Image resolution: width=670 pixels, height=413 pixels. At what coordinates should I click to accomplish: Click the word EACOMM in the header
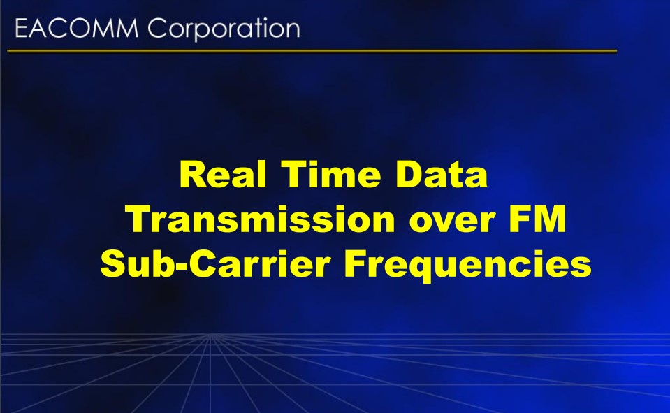coord(77,29)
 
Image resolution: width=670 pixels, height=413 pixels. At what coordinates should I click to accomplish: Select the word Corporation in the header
coord(224,29)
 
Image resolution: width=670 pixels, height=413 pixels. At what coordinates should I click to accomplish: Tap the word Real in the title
coord(223,175)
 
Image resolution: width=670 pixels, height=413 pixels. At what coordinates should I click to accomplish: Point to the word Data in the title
coord(442,175)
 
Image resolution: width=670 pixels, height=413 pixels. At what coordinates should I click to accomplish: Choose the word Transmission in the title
coord(261,219)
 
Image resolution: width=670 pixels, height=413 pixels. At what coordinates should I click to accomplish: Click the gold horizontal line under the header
coord(312,51)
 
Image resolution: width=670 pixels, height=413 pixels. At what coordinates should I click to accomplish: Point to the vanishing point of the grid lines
coord(210,335)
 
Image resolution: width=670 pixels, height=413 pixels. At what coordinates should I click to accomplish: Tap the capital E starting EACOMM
coord(21,29)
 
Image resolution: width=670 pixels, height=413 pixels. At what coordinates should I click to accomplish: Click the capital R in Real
coord(193,175)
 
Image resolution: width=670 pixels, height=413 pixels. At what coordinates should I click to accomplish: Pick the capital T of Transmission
coord(140,219)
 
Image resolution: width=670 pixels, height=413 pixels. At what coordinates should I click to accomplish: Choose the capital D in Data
coord(409,175)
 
